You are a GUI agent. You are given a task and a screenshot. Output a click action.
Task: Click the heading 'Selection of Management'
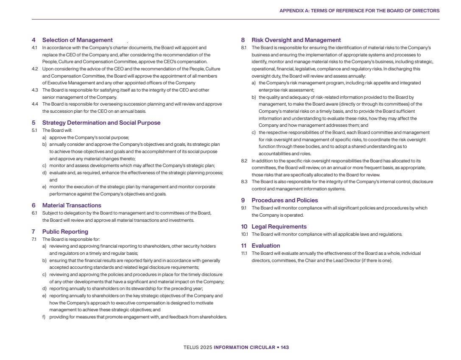[77, 40]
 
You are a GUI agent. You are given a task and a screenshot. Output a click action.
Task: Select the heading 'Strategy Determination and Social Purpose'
[101, 123]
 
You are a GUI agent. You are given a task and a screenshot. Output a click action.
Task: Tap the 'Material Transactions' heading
[72, 206]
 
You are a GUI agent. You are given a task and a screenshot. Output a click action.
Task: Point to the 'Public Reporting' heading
[65, 232]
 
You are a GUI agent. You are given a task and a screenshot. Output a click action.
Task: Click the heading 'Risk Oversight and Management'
[296, 40]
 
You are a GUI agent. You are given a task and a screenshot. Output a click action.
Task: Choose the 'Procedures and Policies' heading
[285, 201]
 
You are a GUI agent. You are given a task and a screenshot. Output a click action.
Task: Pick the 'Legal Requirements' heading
[279, 227]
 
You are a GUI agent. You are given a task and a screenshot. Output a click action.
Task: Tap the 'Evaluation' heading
[266, 246]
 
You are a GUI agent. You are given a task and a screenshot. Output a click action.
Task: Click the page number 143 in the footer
[285, 347]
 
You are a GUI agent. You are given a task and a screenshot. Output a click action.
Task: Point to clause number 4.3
[35, 90]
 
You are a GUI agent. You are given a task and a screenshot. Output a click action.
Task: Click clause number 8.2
[244, 161]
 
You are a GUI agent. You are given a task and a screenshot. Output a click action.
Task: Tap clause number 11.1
[244, 253]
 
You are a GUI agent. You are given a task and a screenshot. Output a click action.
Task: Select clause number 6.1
[34, 213]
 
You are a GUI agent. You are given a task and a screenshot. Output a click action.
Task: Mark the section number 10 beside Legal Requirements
[244, 227]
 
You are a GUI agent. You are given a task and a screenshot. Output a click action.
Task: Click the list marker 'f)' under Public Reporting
[44, 317]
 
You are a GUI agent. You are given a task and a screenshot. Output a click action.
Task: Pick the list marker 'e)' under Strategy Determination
[44, 187]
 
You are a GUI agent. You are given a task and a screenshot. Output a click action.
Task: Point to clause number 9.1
[244, 208]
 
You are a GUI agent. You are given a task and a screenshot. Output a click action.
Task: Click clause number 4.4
[35, 104]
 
